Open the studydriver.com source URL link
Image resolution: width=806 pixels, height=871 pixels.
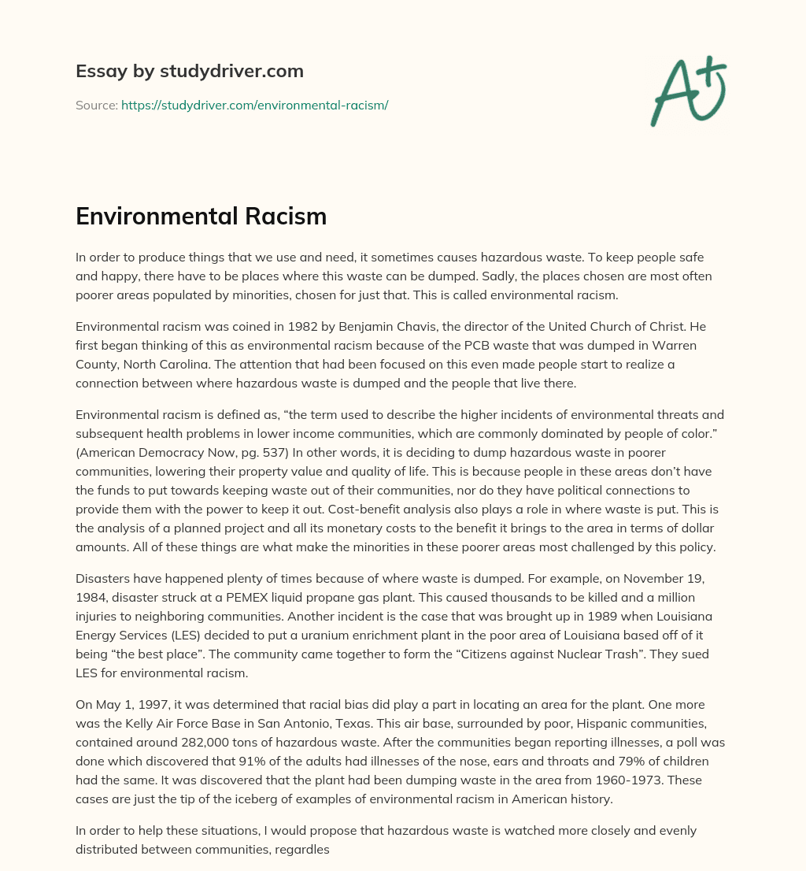[254, 105]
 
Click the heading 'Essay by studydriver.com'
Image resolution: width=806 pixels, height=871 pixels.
[189, 71]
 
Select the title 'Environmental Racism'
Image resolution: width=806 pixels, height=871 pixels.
[201, 216]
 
